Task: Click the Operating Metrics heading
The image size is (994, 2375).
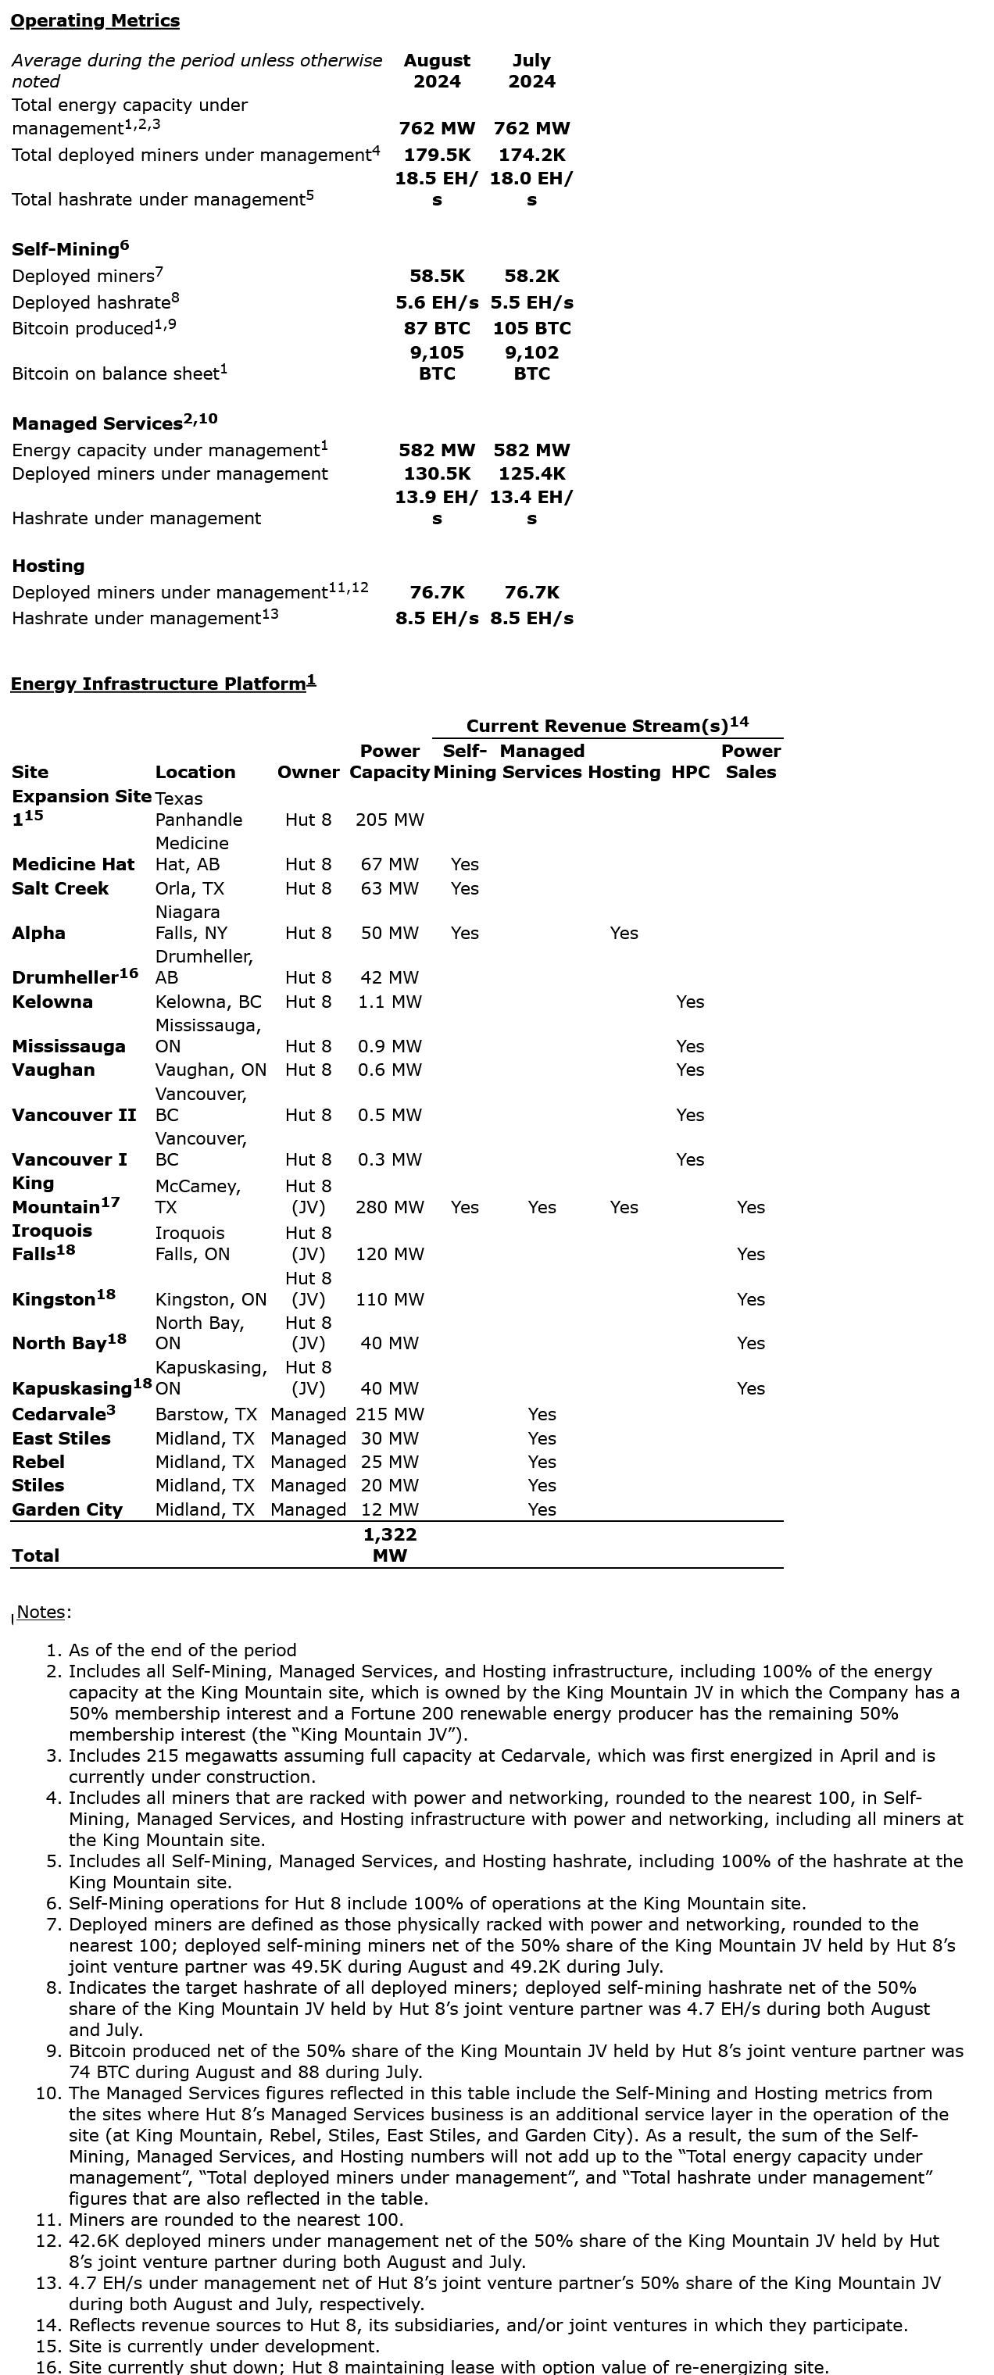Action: coord(95,20)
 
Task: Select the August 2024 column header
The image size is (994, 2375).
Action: coord(437,71)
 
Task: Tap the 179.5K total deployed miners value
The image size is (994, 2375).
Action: coord(437,155)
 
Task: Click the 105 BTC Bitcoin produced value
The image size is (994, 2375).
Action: coord(532,328)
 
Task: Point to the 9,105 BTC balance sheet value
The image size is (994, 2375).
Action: coord(437,362)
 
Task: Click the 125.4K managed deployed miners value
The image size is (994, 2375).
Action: coord(532,474)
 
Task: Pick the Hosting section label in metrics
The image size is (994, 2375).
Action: coord(48,566)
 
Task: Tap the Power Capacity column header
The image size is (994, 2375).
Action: coord(389,762)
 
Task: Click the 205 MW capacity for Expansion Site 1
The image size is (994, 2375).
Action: coord(389,820)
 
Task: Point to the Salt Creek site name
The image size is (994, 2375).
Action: coord(60,889)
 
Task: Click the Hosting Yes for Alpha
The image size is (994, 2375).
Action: coord(624,933)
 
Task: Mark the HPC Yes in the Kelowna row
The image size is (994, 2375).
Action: coord(690,1002)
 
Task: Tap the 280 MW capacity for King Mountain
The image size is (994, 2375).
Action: coord(389,1208)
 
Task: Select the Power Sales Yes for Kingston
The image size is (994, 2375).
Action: coord(750,1300)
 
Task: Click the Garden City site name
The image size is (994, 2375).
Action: coord(66,1510)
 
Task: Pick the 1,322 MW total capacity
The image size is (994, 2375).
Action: coord(389,1545)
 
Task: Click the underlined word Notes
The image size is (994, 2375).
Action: coord(41,1612)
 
